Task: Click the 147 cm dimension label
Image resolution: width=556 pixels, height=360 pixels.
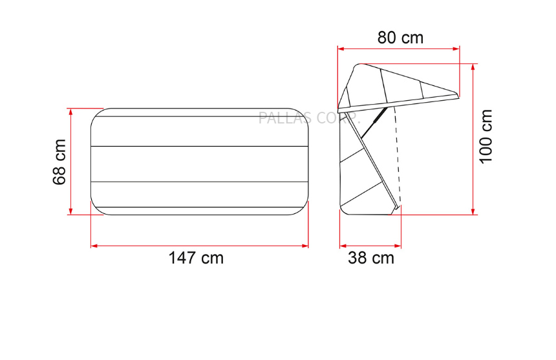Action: (196, 258)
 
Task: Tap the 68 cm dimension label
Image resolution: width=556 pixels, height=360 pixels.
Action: (60, 162)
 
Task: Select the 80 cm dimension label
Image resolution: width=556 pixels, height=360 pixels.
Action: (400, 37)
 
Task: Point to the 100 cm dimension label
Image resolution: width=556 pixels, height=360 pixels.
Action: (486, 136)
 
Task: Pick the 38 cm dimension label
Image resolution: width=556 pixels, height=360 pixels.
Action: (370, 258)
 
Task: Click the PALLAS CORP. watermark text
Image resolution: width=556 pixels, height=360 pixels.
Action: (308, 118)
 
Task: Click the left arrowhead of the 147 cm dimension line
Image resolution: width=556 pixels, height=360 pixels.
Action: (94, 246)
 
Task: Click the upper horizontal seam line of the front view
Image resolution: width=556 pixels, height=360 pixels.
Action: (199, 147)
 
